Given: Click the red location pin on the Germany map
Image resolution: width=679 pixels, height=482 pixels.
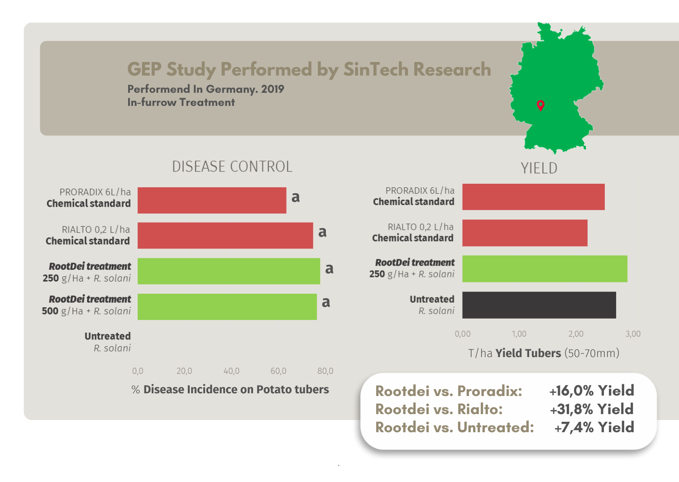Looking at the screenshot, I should pyautogui.click(x=540, y=105).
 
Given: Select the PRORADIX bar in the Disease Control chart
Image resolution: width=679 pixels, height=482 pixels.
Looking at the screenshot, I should pyautogui.click(x=212, y=200).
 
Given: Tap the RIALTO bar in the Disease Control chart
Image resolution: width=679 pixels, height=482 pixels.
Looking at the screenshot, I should pyautogui.click(x=225, y=235).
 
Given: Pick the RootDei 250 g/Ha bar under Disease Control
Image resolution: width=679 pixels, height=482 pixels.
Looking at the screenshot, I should pyautogui.click(x=229, y=271).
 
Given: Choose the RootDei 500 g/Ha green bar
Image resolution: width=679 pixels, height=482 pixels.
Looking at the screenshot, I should pyautogui.click(x=227, y=306).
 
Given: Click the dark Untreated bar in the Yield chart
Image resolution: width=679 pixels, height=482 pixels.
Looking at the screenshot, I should pyautogui.click(x=539, y=305).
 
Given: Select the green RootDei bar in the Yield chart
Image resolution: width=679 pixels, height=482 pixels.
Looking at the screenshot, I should pyautogui.click(x=545, y=268).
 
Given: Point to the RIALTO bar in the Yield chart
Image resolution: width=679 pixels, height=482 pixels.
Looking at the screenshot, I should pyautogui.click(x=525, y=233).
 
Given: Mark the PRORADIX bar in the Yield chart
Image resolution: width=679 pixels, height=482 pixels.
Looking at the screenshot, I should pyautogui.click(x=533, y=197).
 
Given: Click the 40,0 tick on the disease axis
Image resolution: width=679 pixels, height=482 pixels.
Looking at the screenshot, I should pyautogui.click(x=231, y=371).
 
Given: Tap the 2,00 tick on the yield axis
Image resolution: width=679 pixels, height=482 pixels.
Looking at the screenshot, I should pyautogui.click(x=576, y=334).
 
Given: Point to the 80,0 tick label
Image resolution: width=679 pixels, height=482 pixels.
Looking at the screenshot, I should pyautogui.click(x=325, y=371).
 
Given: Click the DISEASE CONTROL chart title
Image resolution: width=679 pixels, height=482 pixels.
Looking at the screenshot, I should pyautogui.click(x=232, y=167).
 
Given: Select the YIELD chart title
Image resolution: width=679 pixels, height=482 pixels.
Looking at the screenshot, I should pyautogui.click(x=539, y=168).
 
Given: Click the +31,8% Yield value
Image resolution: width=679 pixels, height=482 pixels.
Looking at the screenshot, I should pyautogui.click(x=591, y=409).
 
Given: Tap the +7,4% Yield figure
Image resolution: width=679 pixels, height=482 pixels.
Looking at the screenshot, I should pyautogui.click(x=594, y=427).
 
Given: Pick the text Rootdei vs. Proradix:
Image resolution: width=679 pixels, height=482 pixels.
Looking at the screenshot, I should pyautogui.click(x=449, y=391).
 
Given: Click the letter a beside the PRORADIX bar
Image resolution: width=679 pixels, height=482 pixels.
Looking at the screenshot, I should pyautogui.click(x=296, y=197).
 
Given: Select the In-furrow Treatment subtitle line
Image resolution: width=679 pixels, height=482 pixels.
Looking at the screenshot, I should pyautogui.click(x=181, y=102).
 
